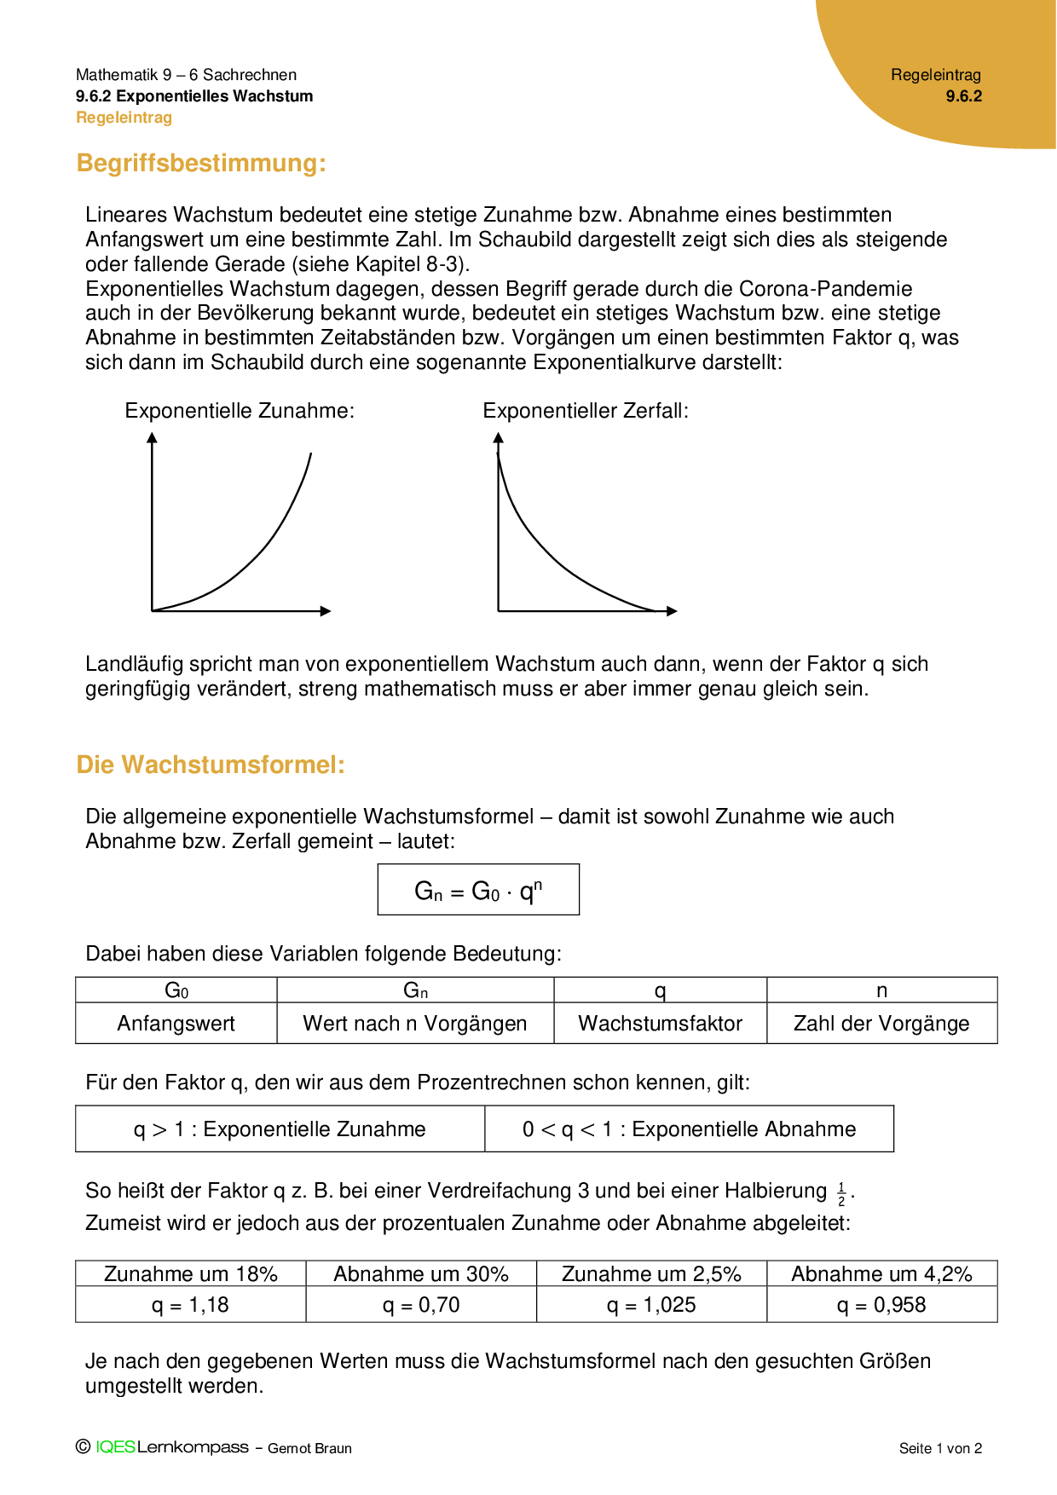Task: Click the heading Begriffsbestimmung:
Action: click(x=201, y=163)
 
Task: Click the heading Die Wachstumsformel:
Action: click(x=211, y=765)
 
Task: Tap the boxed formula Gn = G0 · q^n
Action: click(x=478, y=891)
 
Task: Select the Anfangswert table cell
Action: click(x=176, y=1024)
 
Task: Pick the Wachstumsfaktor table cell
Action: click(x=660, y=1024)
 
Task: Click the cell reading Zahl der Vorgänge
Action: click(x=881, y=1024)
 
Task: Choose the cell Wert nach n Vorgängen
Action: click(x=415, y=1024)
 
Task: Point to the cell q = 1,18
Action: click(x=190, y=1305)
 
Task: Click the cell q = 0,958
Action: click(x=881, y=1305)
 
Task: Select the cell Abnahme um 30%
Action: click(x=421, y=1274)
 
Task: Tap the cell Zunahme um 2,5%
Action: click(x=651, y=1274)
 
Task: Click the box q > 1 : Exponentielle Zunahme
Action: click(x=280, y=1129)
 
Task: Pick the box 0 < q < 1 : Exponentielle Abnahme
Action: click(x=689, y=1129)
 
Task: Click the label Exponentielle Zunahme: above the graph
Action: click(x=240, y=411)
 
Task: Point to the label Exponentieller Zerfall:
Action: click(x=586, y=411)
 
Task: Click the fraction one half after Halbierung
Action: click(x=841, y=1194)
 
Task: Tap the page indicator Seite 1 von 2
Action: click(x=940, y=1448)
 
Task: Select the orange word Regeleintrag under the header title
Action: click(x=124, y=118)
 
